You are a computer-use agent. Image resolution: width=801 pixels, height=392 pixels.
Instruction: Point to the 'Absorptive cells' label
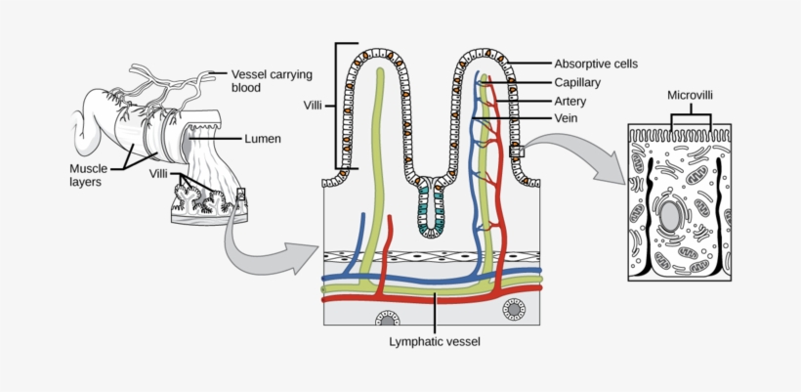pyautogui.click(x=595, y=64)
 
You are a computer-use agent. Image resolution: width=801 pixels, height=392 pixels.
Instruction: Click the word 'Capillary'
pyautogui.click(x=576, y=83)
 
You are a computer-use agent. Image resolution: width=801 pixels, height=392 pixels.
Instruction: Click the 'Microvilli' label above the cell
pyautogui.click(x=692, y=96)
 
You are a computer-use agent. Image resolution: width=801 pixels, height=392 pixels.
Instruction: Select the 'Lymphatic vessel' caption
pyautogui.click(x=435, y=342)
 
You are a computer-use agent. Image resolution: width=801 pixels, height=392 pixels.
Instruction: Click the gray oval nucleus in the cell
pyautogui.click(x=669, y=214)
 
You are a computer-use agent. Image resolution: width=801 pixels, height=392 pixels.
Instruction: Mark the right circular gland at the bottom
pyautogui.click(x=514, y=310)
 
